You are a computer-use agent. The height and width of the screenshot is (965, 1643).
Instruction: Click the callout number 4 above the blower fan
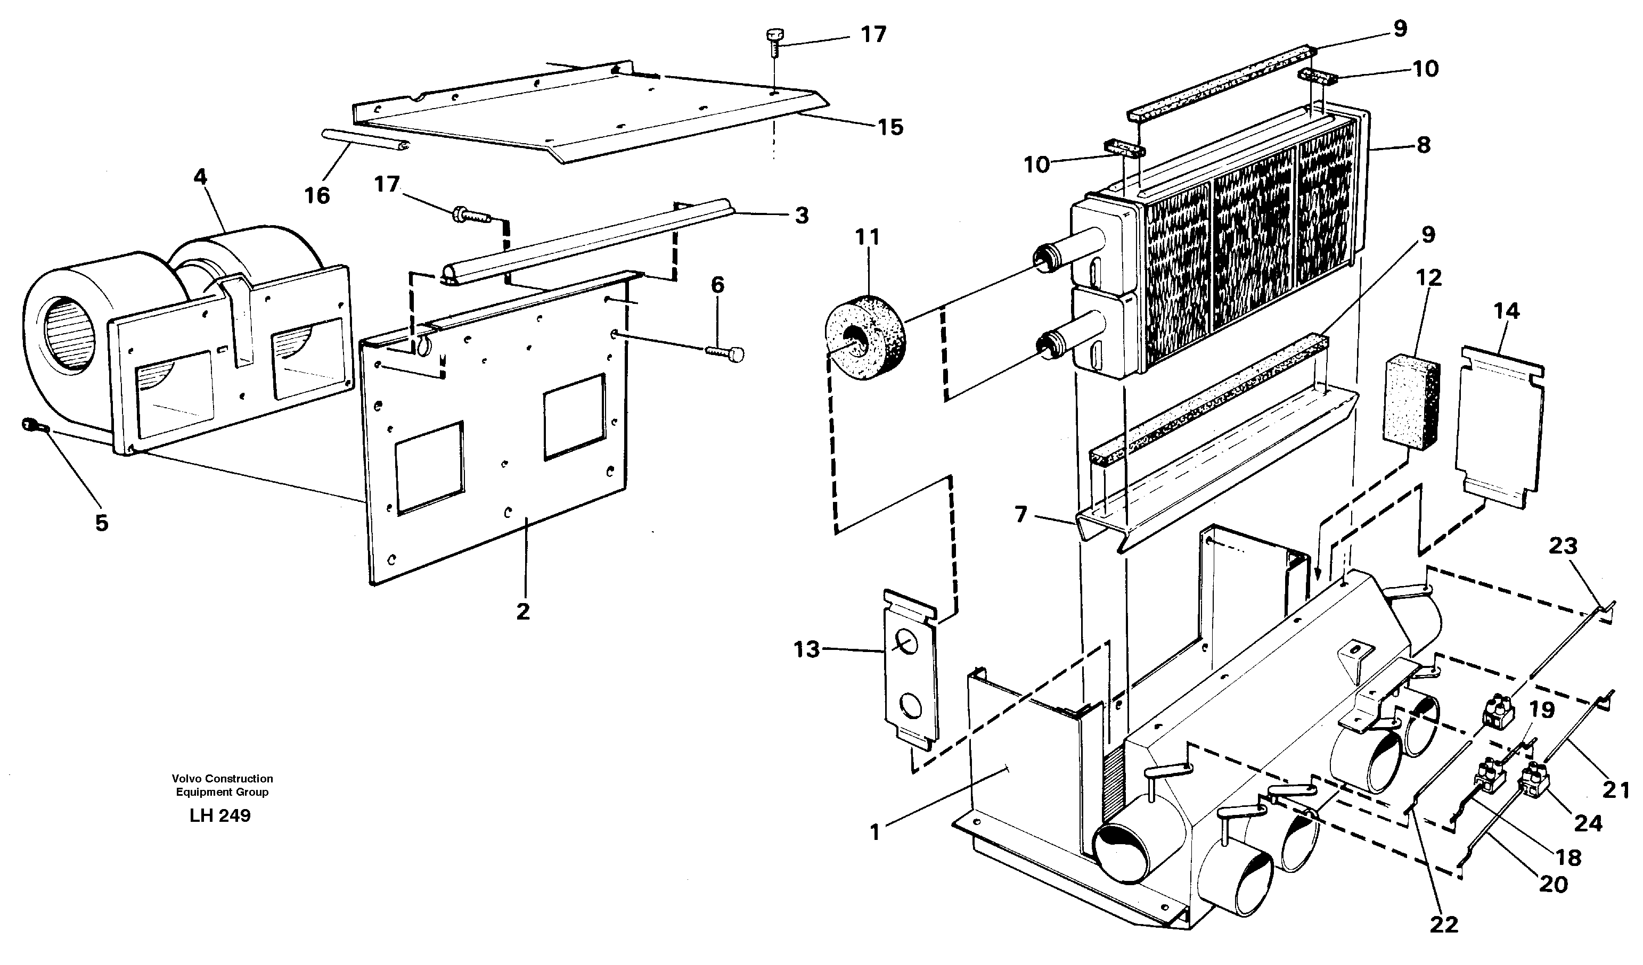[200, 177]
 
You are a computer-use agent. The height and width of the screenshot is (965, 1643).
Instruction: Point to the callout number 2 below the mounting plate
[522, 611]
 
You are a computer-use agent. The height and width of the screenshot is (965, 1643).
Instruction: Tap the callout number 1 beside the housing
[875, 831]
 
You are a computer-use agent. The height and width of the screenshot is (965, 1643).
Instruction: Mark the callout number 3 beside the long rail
[802, 215]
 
